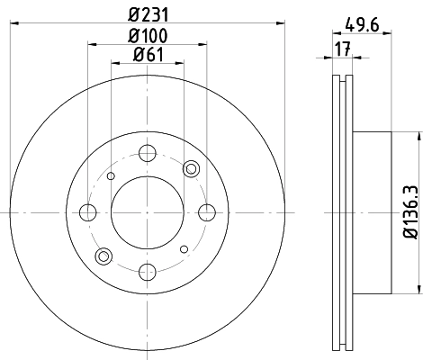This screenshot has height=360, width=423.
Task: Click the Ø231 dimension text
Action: click(x=148, y=13)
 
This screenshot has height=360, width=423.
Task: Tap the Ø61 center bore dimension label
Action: click(x=148, y=56)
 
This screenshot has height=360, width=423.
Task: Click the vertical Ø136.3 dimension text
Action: click(x=410, y=212)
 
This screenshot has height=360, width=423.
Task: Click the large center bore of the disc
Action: click(x=148, y=212)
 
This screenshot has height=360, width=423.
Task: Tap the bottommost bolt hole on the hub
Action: click(x=148, y=273)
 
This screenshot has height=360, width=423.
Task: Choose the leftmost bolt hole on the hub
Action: click(x=87, y=212)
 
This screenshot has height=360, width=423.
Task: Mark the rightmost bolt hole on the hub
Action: click(x=208, y=212)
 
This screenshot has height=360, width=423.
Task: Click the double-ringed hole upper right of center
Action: click(x=191, y=169)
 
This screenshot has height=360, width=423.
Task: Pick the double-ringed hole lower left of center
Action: click(x=104, y=256)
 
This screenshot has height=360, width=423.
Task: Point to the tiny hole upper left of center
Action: click(x=111, y=176)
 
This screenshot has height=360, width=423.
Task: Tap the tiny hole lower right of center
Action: click(x=184, y=248)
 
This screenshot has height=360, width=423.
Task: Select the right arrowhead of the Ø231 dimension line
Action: click(x=281, y=22)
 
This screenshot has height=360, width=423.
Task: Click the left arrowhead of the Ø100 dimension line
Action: click(x=91, y=43)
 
